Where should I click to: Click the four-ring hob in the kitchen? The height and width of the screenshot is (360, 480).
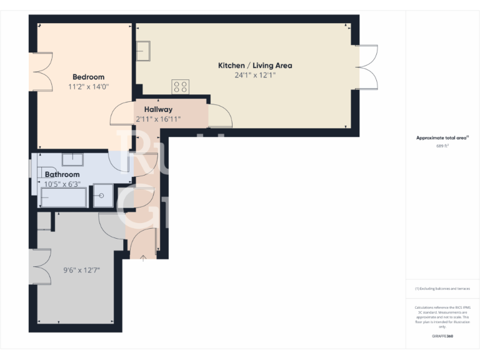click(x=181, y=87)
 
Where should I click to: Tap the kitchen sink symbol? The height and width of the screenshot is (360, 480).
click(x=143, y=49)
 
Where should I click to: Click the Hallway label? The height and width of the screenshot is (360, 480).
click(x=158, y=109)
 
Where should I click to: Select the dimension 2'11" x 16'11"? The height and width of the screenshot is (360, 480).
click(x=158, y=119)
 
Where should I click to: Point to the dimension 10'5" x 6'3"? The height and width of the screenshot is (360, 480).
click(x=62, y=184)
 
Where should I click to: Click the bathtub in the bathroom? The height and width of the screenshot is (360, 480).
click(x=63, y=198)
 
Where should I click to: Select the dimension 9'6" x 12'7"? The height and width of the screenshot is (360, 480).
click(x=81, y=271)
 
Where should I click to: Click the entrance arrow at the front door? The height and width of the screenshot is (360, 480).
click(x=144, y=256)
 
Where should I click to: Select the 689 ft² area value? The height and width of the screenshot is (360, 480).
click(x=442, y=146)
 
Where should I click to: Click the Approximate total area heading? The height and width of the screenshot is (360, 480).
click(x=442, y=138)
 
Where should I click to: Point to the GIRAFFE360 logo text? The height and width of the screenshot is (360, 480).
click(x=442, y=336)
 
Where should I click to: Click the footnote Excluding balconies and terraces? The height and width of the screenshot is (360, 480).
click(x=442, y=289)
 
